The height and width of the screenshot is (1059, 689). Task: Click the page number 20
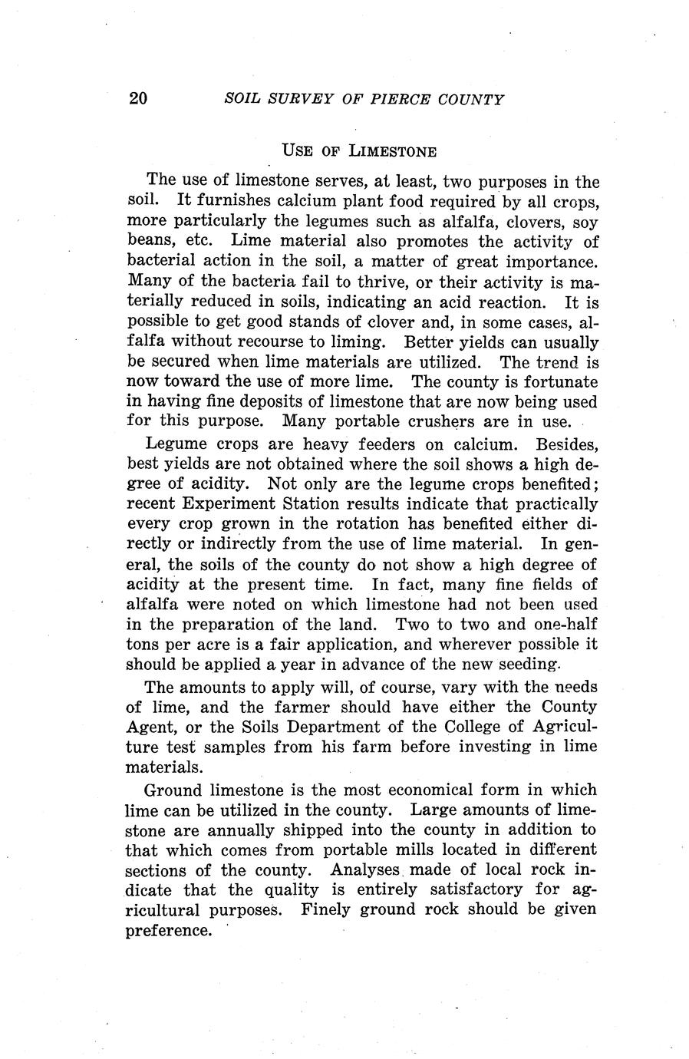(x=138, y=99)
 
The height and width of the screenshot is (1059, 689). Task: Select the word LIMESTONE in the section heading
(x=393, y=150)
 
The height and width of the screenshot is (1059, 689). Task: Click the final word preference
(x=167, y=930)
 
